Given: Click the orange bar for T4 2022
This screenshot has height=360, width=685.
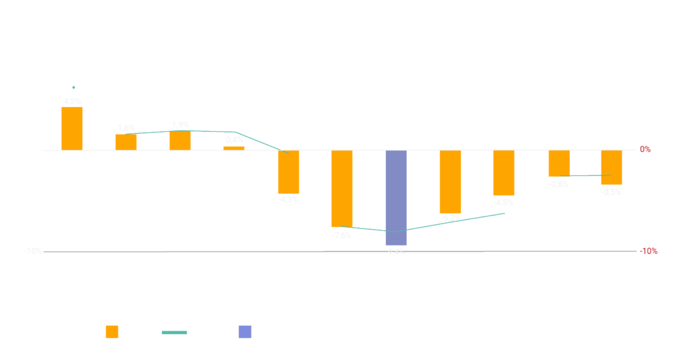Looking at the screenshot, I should pos(72,128).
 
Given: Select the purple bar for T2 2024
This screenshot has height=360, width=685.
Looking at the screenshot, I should pos(396,197).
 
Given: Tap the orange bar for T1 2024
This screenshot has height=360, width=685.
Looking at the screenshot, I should pos(342,188).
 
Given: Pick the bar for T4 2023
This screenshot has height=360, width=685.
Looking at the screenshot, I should pos(288,172).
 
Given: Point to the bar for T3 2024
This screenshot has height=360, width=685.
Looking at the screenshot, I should pos(450,181).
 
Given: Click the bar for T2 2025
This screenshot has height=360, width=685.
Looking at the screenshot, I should pos(611,167).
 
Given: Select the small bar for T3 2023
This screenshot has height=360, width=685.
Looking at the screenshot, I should pos(234,148).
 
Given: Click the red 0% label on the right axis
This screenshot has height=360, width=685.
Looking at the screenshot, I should pos(645,150).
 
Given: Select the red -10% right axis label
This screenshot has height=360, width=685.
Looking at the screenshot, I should pos(648,252).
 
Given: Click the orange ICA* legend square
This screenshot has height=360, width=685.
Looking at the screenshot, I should pos(112,332).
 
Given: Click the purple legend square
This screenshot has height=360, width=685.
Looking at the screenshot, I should pos(245,332).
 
